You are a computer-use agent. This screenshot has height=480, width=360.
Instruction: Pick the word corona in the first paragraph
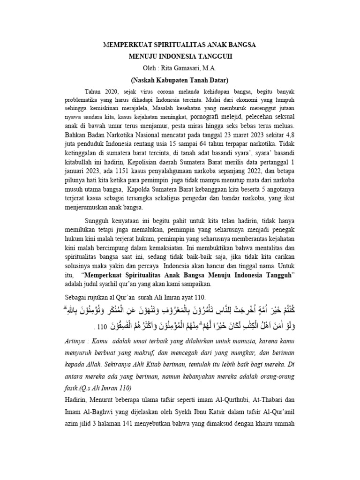172,90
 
